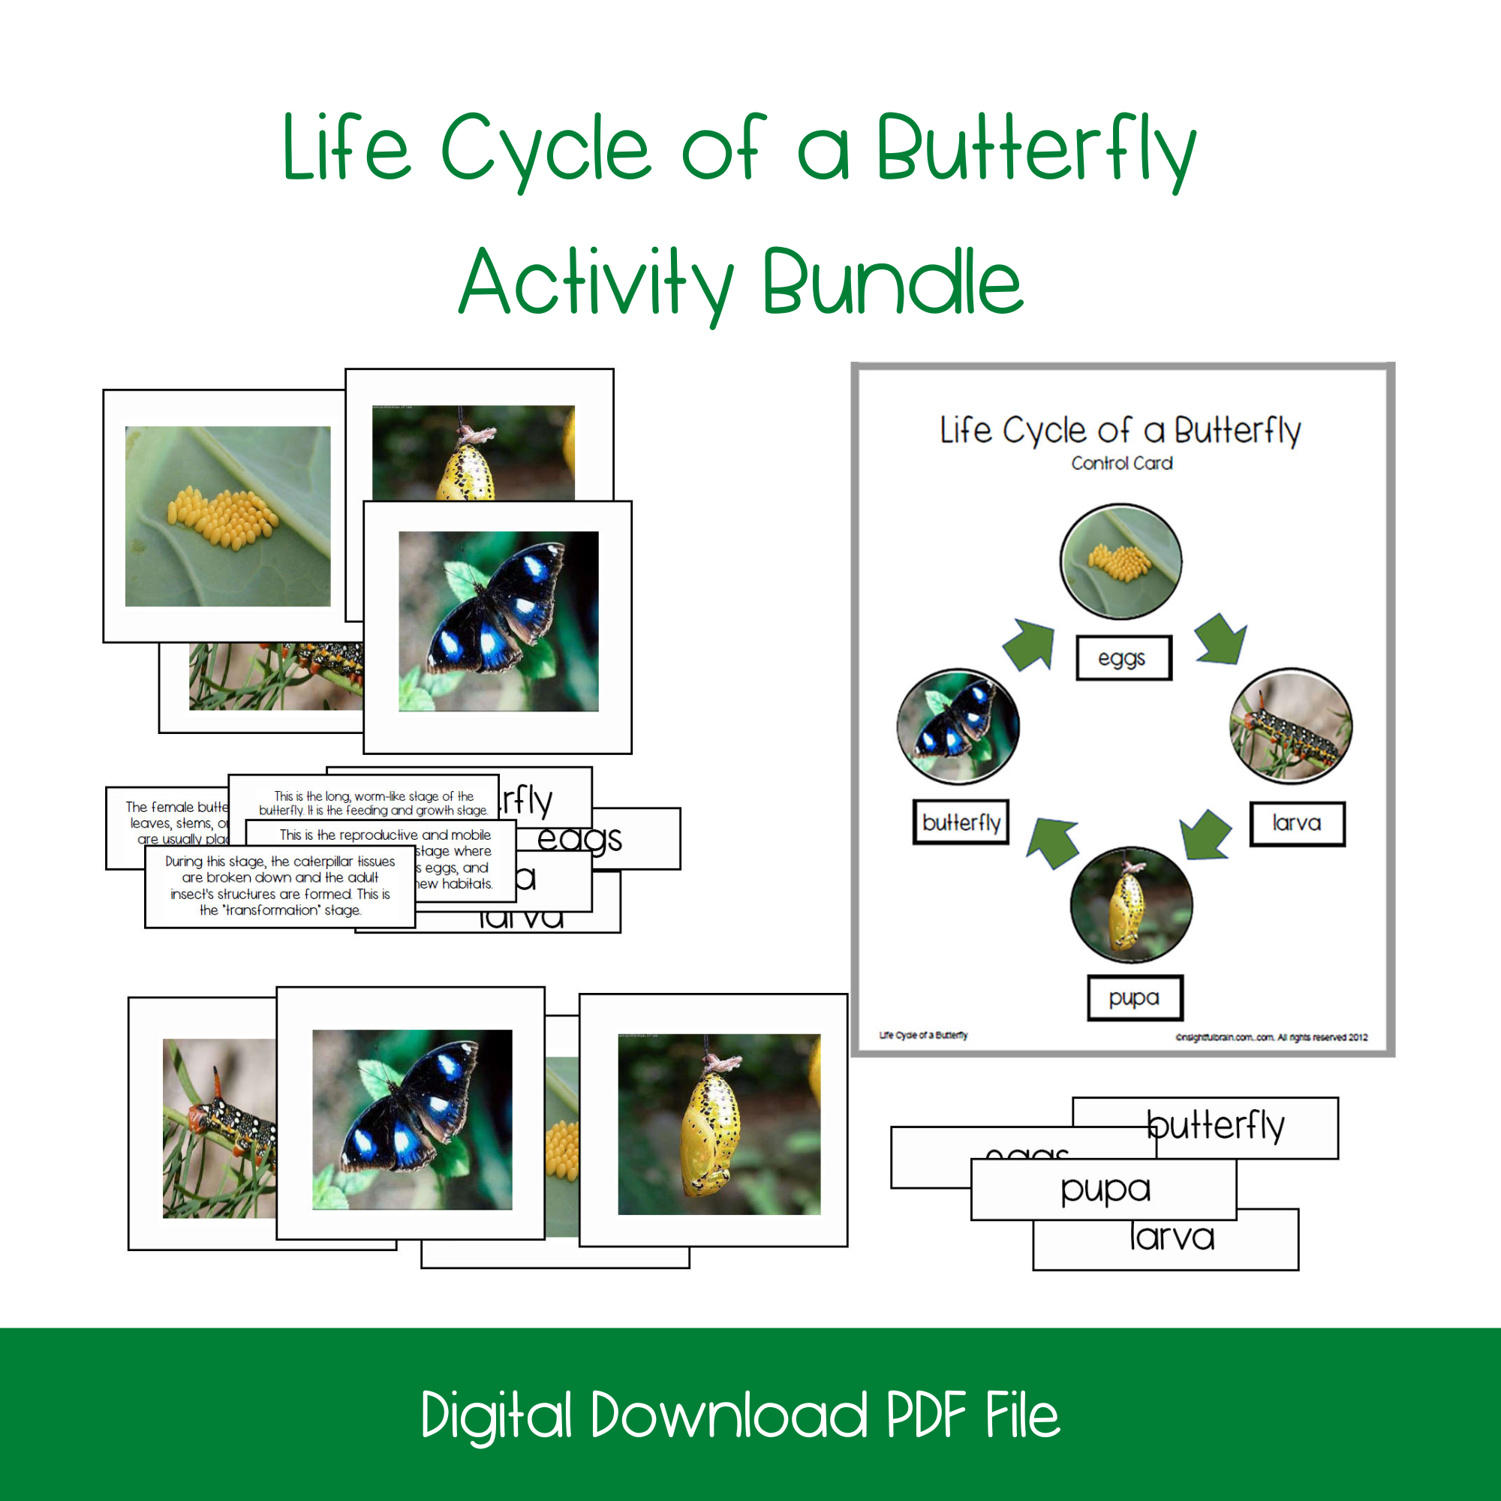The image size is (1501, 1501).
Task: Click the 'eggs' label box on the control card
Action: coord(1123,658)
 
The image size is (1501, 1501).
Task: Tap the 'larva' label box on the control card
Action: coord(1297,823)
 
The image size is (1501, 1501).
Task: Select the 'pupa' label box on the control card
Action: coord(1134,997)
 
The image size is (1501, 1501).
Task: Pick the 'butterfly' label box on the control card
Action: coord(961,822)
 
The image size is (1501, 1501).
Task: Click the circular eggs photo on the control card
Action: coord(1121,561)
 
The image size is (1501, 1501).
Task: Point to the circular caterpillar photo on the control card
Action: coord(1290,726)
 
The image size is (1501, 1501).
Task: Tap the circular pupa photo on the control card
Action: coord(1130,905)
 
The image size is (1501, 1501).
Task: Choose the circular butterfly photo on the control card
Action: coord(958,726)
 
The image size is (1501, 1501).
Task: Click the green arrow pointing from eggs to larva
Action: coord(1220,639)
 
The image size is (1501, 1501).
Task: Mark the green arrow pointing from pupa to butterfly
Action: coord(1054,842)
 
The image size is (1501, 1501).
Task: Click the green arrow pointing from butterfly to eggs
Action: coord(1030,644)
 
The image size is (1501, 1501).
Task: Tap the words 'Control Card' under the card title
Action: coord(1122,464)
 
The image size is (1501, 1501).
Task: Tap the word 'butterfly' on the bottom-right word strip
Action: coord(1217,1126)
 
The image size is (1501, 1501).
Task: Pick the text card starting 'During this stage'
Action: coord(280,886)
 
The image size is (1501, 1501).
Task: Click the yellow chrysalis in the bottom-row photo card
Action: coord(708,1134)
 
